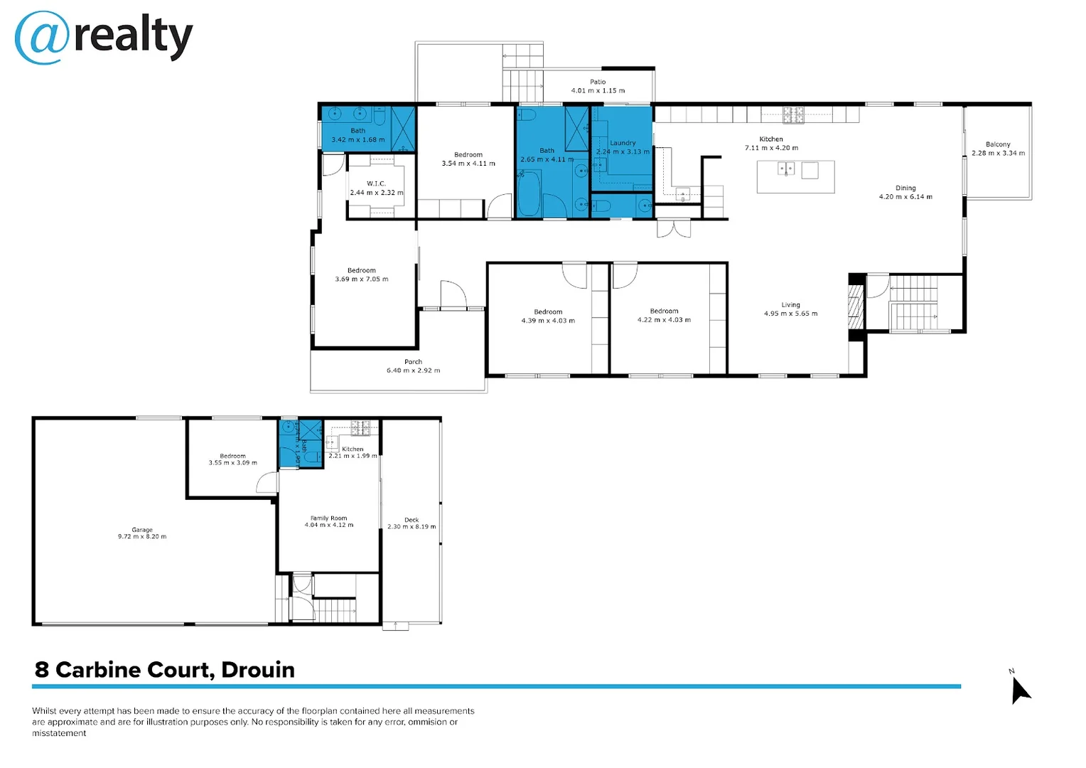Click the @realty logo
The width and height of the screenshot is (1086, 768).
(x=104, y=37)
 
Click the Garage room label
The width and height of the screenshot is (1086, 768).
(x=142, y=530)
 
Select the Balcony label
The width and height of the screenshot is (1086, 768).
(x=998, y=144)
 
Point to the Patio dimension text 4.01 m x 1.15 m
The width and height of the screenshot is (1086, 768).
(x=598, y=91)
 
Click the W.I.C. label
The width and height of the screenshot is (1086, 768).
(x=376, y=183)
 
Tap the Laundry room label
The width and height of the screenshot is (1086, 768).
(x=623, y=143)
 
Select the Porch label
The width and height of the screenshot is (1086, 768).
(x=413, y=362)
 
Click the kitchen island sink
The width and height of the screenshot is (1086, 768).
(x=786, y=169)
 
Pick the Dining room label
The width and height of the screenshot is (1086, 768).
(x=905, y=188)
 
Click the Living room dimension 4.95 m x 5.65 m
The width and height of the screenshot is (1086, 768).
(x=790, y=314)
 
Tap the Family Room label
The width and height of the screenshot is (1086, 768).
(x=328, y=518)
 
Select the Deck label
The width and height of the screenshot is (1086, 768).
(x=412, y=520)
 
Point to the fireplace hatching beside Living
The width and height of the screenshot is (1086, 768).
(x=856, y=306)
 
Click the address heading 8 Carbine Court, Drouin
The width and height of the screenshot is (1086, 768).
(x=165, y=670)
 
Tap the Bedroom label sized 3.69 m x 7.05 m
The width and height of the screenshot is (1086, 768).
(x=361, y=270)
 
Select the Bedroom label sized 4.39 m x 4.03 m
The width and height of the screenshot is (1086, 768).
(x=548, y=311)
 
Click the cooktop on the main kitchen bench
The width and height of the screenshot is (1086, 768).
(x=793, y=114)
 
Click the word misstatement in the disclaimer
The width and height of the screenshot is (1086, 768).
(x=59, y=733)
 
